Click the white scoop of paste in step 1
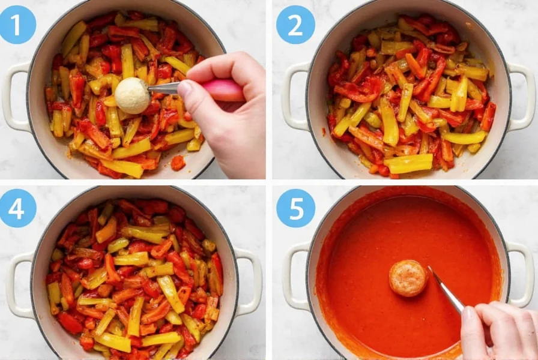(x=132, y=95)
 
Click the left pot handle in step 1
(x=13, y=96)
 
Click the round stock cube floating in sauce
(x=408, y=278)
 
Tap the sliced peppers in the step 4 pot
(x=135, y=276)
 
